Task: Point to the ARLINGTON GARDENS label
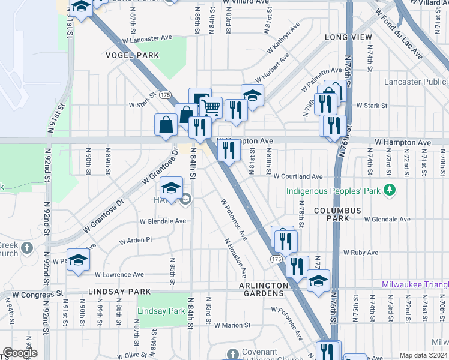point(262,289)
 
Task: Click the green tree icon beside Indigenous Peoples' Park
point(390,190)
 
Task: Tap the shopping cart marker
point(211,107)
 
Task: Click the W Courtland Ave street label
point(298,177)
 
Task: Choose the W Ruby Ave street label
point(362,253)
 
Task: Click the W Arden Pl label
point(136,240)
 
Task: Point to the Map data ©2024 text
point(423,355)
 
